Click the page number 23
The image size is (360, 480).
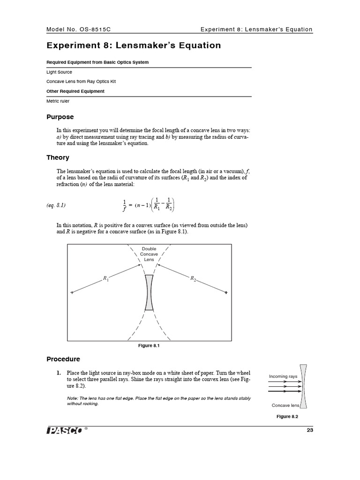309,430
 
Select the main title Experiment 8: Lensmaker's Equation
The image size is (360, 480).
134,45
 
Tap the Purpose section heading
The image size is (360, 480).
60,117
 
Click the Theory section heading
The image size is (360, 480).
58,157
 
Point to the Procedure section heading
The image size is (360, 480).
63,359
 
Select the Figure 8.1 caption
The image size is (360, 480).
149,345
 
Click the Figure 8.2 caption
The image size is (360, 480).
287,416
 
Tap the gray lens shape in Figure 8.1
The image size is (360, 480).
149,292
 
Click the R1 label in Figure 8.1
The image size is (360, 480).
106,279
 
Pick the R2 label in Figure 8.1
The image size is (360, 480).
193,279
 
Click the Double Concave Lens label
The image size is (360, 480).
149,254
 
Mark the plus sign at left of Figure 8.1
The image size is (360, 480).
72,293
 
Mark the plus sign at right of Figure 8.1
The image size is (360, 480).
226,293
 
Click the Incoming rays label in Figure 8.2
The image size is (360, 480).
283,376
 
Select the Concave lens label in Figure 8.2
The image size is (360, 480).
285,405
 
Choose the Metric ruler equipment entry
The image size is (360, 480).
58,101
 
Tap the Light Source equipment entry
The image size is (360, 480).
59,72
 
